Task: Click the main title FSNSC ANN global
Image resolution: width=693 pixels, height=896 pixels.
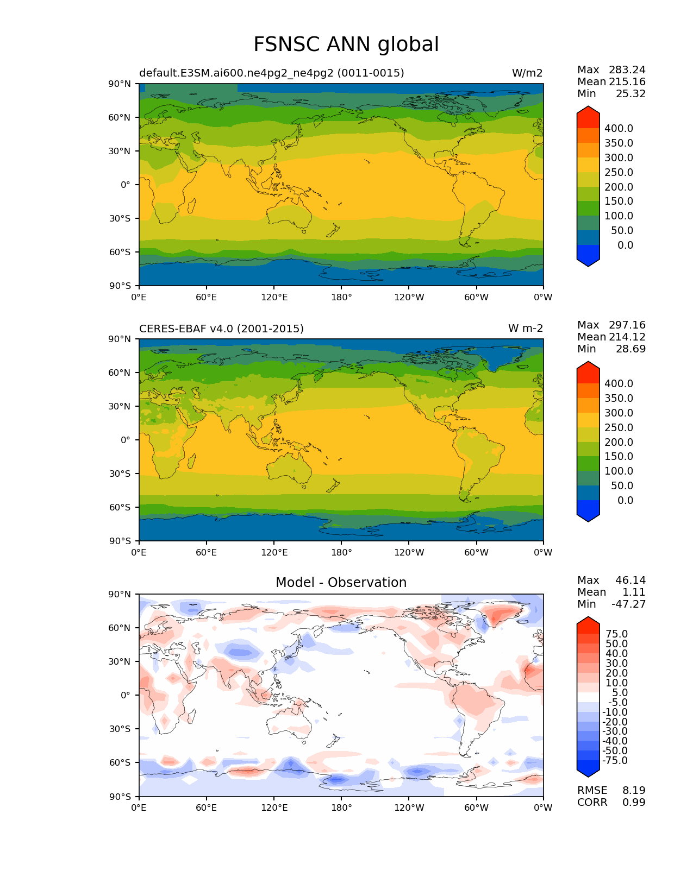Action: coord(346,45)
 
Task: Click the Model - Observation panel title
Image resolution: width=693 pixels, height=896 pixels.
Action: coord(341,583)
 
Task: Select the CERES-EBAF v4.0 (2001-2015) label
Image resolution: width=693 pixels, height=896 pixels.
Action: coord(221,329)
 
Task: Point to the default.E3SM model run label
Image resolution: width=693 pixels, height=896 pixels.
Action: coord(271,73)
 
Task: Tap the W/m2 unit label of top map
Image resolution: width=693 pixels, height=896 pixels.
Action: coord(527,73)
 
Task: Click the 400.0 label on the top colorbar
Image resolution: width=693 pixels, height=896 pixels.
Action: coord(619,129)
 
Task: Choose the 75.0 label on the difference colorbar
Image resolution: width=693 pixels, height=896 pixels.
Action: coord(616,634)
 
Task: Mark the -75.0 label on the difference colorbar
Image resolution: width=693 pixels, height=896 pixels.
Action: coord(615,761)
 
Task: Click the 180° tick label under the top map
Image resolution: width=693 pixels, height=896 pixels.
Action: coord(341,298)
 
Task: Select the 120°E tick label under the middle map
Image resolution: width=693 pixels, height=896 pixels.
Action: coord(274,553)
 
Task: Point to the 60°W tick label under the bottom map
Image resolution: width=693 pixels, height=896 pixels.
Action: coord(476,808)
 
